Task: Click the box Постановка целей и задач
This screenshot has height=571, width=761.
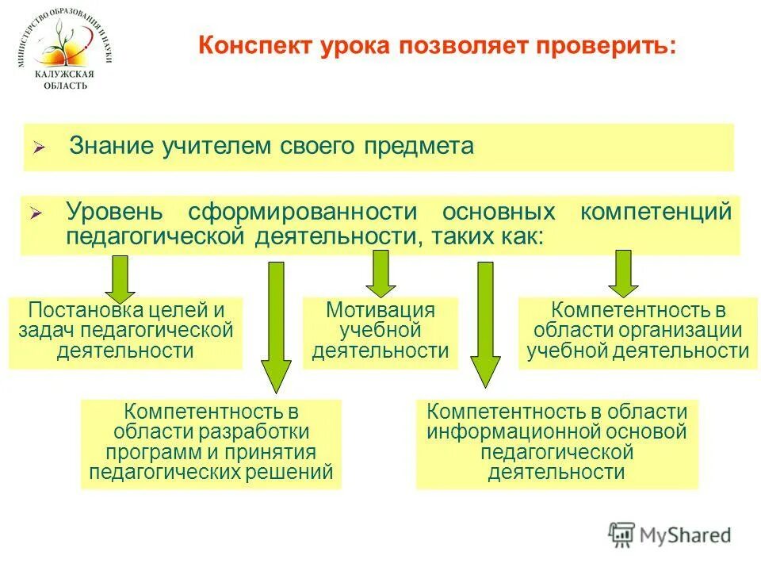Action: click(125, 331)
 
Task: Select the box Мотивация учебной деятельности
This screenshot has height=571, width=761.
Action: click(380, 331)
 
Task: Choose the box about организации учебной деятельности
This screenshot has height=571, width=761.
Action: click(637, 331)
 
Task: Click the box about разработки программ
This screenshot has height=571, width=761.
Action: click(211, 443)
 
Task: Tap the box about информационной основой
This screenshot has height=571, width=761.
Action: click(556, 443)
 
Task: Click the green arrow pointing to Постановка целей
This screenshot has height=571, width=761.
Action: click(122, 274)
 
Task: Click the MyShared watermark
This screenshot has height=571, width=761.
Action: click(670, 535)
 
